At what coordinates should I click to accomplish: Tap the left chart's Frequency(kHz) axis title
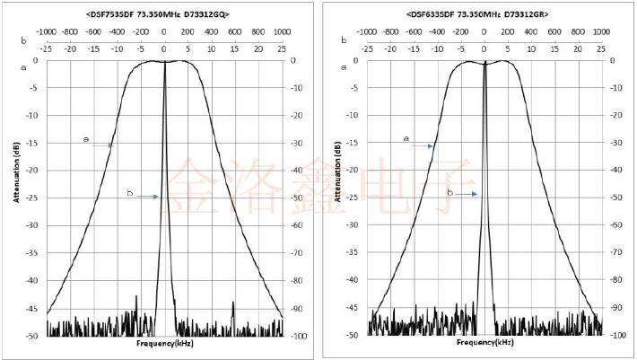(x=164, y=343)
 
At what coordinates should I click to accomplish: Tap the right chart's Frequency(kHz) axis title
(x=484, y=343)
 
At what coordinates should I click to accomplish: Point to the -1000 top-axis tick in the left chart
(x=45, y=31)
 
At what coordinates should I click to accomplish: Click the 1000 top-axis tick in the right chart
(x=601, y=31)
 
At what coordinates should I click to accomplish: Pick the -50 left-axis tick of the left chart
(x=32, y=335)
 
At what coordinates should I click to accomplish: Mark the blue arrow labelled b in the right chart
(x=465, y=193)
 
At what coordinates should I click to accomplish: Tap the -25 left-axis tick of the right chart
(x=353, y=198)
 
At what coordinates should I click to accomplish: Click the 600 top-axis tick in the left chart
(x=234, y=31)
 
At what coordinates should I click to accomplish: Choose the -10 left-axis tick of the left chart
(x=32, y=116)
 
